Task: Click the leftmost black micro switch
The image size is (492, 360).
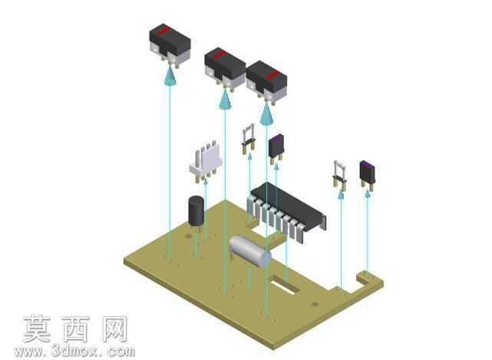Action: coord(170,45)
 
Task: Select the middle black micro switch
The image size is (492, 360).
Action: coord(225,68)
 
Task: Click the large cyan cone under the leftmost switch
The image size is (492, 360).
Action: coord(170,76)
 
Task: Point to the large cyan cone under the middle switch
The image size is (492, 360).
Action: coord(225,99)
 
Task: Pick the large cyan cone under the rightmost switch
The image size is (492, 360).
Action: coord(266,114)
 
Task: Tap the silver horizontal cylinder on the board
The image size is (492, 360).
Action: coord(249,250)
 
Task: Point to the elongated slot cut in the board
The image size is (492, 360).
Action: coord(282,285)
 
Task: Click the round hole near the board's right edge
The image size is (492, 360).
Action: coord(315,304)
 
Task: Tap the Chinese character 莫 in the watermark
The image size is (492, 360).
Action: coord(38,329)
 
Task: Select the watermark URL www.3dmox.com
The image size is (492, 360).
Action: coord(74,352)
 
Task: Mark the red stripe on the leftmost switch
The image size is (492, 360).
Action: coord(163,31)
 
